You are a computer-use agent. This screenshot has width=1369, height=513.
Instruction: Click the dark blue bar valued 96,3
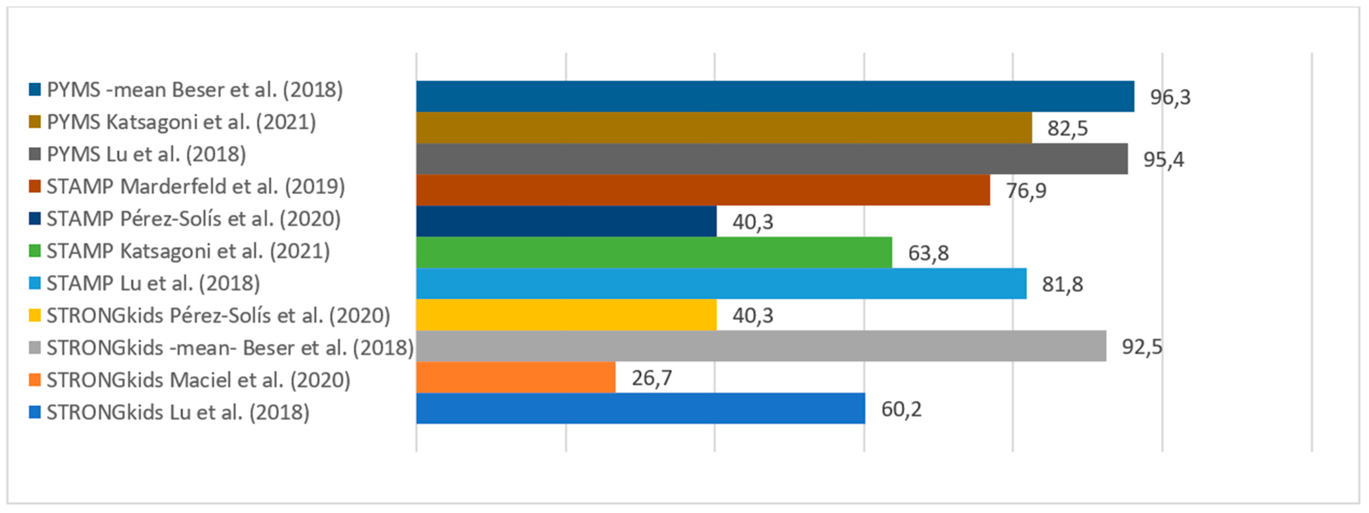(775, 96)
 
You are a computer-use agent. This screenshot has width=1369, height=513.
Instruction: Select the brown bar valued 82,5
(724, 128)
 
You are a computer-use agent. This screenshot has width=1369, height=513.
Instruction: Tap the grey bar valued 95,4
(772, 159)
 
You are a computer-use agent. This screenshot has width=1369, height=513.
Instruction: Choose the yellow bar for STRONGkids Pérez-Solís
(566, 315)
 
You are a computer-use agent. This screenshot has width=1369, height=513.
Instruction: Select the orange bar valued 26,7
(515, 378)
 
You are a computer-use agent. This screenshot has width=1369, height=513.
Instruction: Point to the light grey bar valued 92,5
(761, 346)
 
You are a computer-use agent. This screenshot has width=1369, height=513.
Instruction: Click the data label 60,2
(901, 410)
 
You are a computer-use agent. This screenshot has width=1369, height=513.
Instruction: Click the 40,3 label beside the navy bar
(753, 222)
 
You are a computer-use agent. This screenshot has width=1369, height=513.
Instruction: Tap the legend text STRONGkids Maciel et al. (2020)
(198, 380)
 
